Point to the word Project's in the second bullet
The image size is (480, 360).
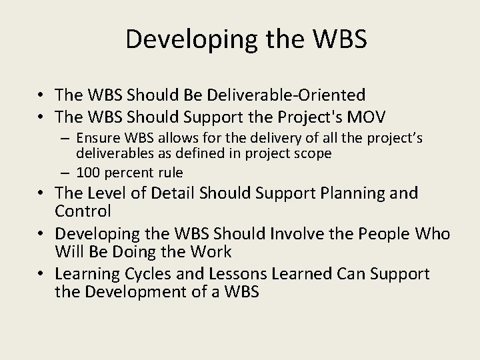coord(305,117)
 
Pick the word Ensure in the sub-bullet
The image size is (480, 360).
coord(94,138)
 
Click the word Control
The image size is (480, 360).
coord(84,212)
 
